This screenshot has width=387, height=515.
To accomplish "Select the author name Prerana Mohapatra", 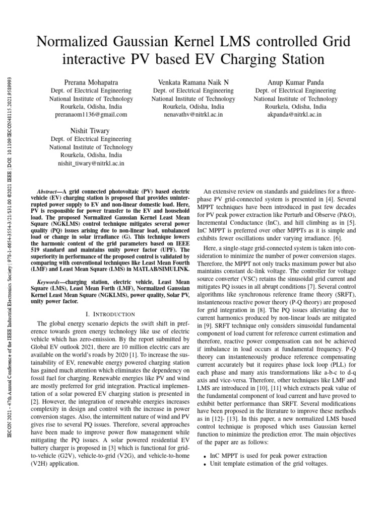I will coord(91,82).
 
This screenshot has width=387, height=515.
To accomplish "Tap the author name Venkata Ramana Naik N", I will coord(193,82).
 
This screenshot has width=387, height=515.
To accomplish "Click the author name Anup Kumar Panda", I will coord(295,82).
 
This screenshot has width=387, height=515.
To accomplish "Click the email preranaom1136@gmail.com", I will coord(91,115).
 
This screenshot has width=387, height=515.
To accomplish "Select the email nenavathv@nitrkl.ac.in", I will coord(193,115).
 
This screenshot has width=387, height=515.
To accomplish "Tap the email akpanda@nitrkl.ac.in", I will coord(295,115).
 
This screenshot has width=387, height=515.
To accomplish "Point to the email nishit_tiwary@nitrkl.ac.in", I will coord(91,163).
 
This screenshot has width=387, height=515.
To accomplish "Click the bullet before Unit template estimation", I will coord(204,464).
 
